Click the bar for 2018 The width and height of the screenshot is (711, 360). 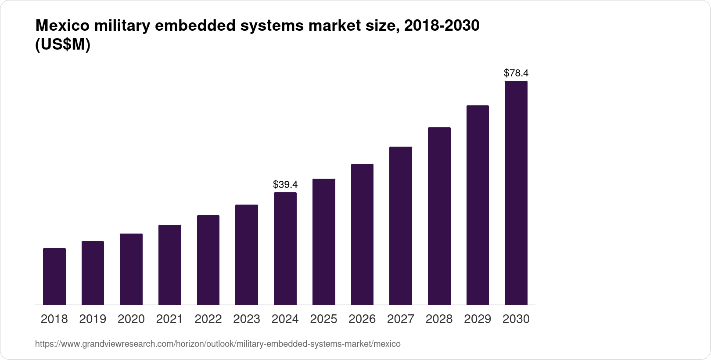pyautogui.click(x=54, y=277)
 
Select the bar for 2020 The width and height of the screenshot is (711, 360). pyautogui.click(x=131, y=269)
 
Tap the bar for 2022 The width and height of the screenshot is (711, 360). pyautogui.click(x=208, y=260)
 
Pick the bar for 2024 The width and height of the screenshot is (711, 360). pyautogui.click(x=285, y=248)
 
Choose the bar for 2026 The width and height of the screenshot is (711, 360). pyautogui.click(x=362, y=234)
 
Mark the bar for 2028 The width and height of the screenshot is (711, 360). pyautogui.click(x=439, y=216)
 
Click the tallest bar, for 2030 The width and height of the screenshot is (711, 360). pyautogui.click(x=516, y=193)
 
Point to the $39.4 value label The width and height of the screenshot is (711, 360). pyautogui.click(x=285, y=184)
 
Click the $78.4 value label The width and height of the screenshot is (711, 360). pyautogui.click(x=516, y=73)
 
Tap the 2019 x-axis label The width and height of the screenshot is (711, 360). pyautogui.click(x=93, y=319)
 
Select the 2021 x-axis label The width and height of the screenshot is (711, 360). pyautogui.click(x=169, y=319)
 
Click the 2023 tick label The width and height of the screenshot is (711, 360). pyautogui.click(x=247, y=319)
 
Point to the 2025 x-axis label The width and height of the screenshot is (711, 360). pyautogui.click(x=323, y=319)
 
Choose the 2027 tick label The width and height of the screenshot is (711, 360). pyautogui.click(x=401, y=319)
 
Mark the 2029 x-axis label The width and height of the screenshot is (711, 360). pyautogui.click(x=478, y=319)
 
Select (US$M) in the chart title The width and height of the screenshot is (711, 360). pyautogui.click(x=62, y=45)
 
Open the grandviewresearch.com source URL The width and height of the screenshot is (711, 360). pyautogui.click(x=218, y=344)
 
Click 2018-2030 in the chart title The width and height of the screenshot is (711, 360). pyautogui.click(x=442, y=26)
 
